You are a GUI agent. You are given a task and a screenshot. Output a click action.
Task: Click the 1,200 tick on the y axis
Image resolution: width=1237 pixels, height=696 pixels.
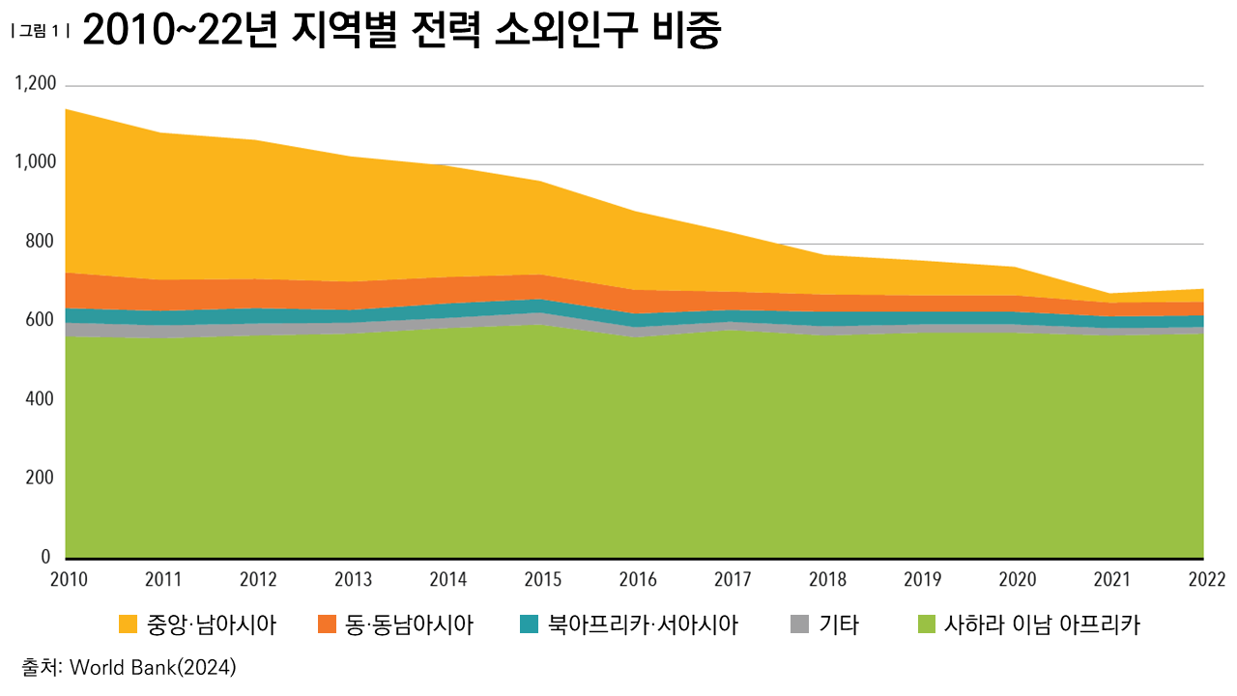[36, 85]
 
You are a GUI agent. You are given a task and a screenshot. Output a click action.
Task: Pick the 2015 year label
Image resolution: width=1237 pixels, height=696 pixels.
[541, 580]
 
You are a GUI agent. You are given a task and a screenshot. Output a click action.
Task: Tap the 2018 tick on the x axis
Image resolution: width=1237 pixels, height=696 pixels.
[826, 580]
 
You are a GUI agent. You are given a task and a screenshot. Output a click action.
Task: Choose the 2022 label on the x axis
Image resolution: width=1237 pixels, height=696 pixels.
[1206, 580]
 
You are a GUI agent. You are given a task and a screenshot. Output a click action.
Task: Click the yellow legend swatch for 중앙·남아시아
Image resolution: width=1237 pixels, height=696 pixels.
[128, 625]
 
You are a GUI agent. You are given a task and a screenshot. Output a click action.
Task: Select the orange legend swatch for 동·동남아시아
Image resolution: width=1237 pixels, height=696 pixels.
[327, 625]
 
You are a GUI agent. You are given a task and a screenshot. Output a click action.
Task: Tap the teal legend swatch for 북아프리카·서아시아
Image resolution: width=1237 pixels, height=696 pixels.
[529, 625]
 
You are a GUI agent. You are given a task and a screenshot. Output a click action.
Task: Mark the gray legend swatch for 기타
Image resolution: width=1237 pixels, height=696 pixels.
[799, 625]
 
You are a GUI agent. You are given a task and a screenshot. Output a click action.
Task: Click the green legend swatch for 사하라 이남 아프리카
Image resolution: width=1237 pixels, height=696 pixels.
[926, 625]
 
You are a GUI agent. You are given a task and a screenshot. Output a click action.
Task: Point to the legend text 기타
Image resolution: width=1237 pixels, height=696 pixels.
[838, 625]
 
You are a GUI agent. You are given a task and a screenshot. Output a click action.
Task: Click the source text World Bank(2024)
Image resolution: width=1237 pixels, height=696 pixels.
[154, 667]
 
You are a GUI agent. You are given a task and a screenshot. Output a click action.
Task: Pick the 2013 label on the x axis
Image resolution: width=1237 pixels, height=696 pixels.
[352, 580]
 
